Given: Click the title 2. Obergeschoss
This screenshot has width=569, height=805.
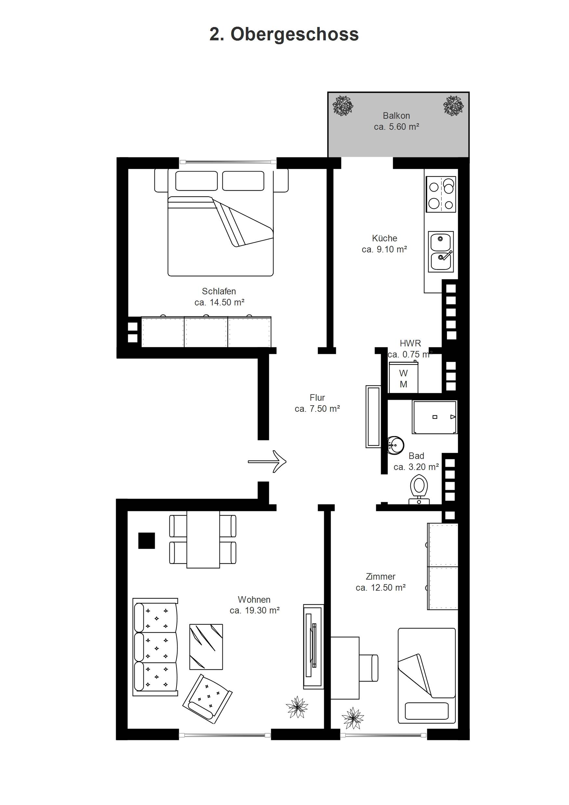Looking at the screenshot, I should tap(284, 34).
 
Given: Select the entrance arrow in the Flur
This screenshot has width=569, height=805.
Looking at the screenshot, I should tap(267, 462).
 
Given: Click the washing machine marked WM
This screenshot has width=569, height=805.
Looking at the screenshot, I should tap(403, 378).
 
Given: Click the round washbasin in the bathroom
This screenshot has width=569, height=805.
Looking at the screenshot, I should tap(396, 445).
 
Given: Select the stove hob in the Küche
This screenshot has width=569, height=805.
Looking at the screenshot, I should tap(441, 194).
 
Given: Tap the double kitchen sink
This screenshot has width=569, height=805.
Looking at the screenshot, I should tap(441, 251).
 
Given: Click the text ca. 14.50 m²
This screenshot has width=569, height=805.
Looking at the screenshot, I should tap(219, 302).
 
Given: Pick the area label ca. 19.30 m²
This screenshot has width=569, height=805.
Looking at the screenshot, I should tap(255, 610).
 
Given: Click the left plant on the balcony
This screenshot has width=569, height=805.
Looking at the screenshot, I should tap(343, 105).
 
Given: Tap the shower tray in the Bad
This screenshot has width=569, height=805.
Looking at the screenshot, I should tap(435, 417).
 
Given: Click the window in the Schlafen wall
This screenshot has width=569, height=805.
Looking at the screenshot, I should tap(228, 162).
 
